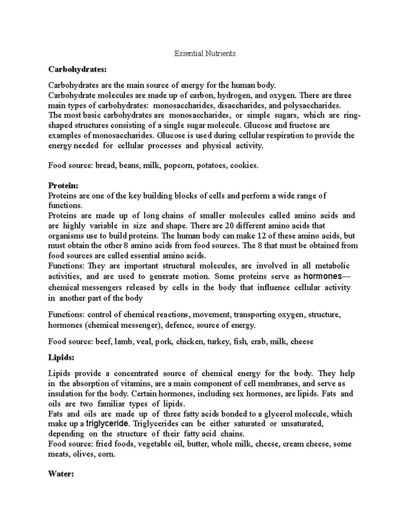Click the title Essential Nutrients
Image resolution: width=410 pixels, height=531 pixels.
pyautogui.click(x=205, y=53)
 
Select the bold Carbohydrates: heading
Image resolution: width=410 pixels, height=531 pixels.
pyautogui.click(x=77, y=69)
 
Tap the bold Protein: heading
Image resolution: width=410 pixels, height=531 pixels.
pyautogui.click(x=63, y=186)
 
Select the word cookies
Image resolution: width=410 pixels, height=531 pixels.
pyautogui.click(x=244, y=166)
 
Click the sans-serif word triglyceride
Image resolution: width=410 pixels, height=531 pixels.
pyautogui.click(x=108, y=424)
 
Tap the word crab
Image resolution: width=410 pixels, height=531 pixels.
pyautogui.click(x=259, y=342)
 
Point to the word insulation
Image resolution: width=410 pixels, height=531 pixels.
pyautogui.click(x=64, y=394)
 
